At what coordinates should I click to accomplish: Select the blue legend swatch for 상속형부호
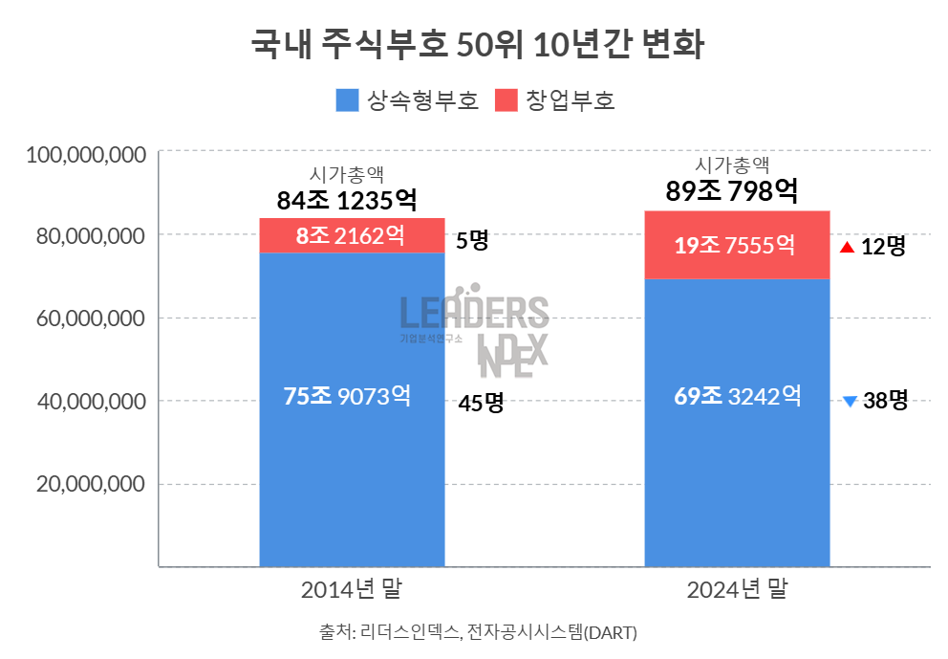(348, 100)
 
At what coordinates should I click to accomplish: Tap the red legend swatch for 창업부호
(507, 100)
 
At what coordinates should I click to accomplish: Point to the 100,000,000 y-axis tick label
(86, 153)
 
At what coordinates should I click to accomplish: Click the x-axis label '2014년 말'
(351, 590)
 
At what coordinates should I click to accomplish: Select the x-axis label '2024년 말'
(737, 590)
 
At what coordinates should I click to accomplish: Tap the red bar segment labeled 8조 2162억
(352, 236)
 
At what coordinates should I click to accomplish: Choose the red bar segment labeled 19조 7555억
(737, 245)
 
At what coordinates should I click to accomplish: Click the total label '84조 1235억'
(347, 201)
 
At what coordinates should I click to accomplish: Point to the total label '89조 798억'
(732, 191)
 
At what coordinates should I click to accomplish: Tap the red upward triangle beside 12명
(846, 247)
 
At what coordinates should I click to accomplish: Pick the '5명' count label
(472, 240)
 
